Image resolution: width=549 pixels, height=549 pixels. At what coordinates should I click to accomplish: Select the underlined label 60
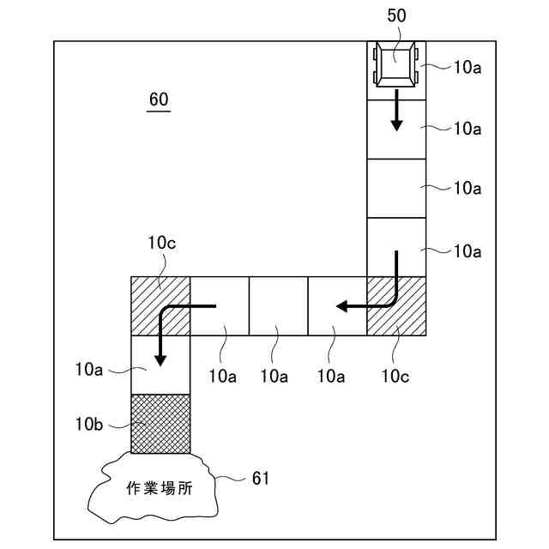tap(159, 100)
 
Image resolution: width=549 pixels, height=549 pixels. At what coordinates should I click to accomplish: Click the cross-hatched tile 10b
tap(160, 424)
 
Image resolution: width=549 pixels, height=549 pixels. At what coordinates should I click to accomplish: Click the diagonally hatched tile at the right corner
tap(396, 306)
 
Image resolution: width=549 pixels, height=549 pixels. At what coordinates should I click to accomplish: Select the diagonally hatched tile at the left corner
tap(160, 306)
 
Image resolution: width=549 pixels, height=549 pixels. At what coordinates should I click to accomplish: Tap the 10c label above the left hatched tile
tap(161, 243)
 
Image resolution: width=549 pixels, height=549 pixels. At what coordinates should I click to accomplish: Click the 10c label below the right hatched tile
tap(396, 374)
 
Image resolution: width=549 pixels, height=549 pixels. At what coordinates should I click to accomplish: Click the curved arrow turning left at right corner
tap(373, 296)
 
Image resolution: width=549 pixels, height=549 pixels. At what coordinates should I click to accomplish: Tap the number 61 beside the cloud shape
tap(259, 478)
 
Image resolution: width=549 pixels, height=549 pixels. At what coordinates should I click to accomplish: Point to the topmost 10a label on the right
tap(467, 67)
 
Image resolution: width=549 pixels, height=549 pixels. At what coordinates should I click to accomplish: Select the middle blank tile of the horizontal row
tap(278, 306)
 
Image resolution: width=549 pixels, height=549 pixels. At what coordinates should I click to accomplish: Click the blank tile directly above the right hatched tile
tap(396, 247)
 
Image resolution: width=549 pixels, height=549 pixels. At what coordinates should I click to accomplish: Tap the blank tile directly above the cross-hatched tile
tap(160, 365)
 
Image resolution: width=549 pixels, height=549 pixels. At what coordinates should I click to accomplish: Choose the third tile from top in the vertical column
tap(396, 188)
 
